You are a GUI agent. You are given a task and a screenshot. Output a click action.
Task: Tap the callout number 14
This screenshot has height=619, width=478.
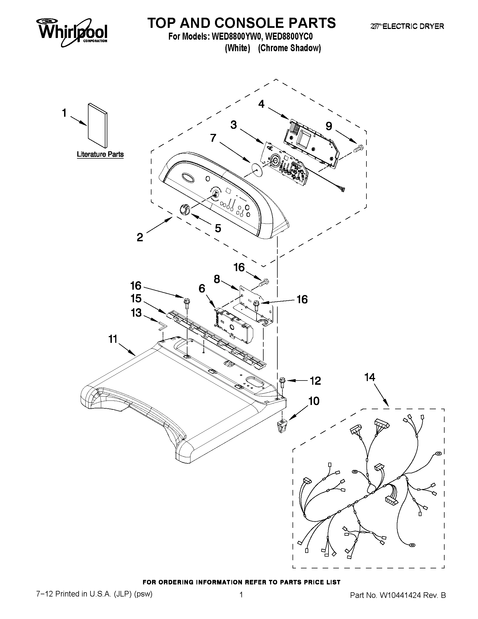tap(370, 377)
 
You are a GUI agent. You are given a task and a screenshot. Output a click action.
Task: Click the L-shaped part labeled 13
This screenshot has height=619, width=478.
tap(162, 326)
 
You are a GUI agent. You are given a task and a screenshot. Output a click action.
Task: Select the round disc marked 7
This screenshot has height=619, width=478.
tap(256, 170)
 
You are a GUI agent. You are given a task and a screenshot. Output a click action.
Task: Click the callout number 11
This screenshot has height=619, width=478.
tap(113, 339)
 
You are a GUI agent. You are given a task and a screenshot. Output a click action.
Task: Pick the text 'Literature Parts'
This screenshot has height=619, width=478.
tap(100, 154)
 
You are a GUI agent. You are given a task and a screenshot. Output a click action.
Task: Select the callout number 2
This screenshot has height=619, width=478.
tap(140, 237)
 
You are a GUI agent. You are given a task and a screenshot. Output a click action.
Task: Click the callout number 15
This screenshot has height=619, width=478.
tap(136, 298)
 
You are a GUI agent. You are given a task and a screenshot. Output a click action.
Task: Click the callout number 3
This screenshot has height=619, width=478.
tap(234, 125)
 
